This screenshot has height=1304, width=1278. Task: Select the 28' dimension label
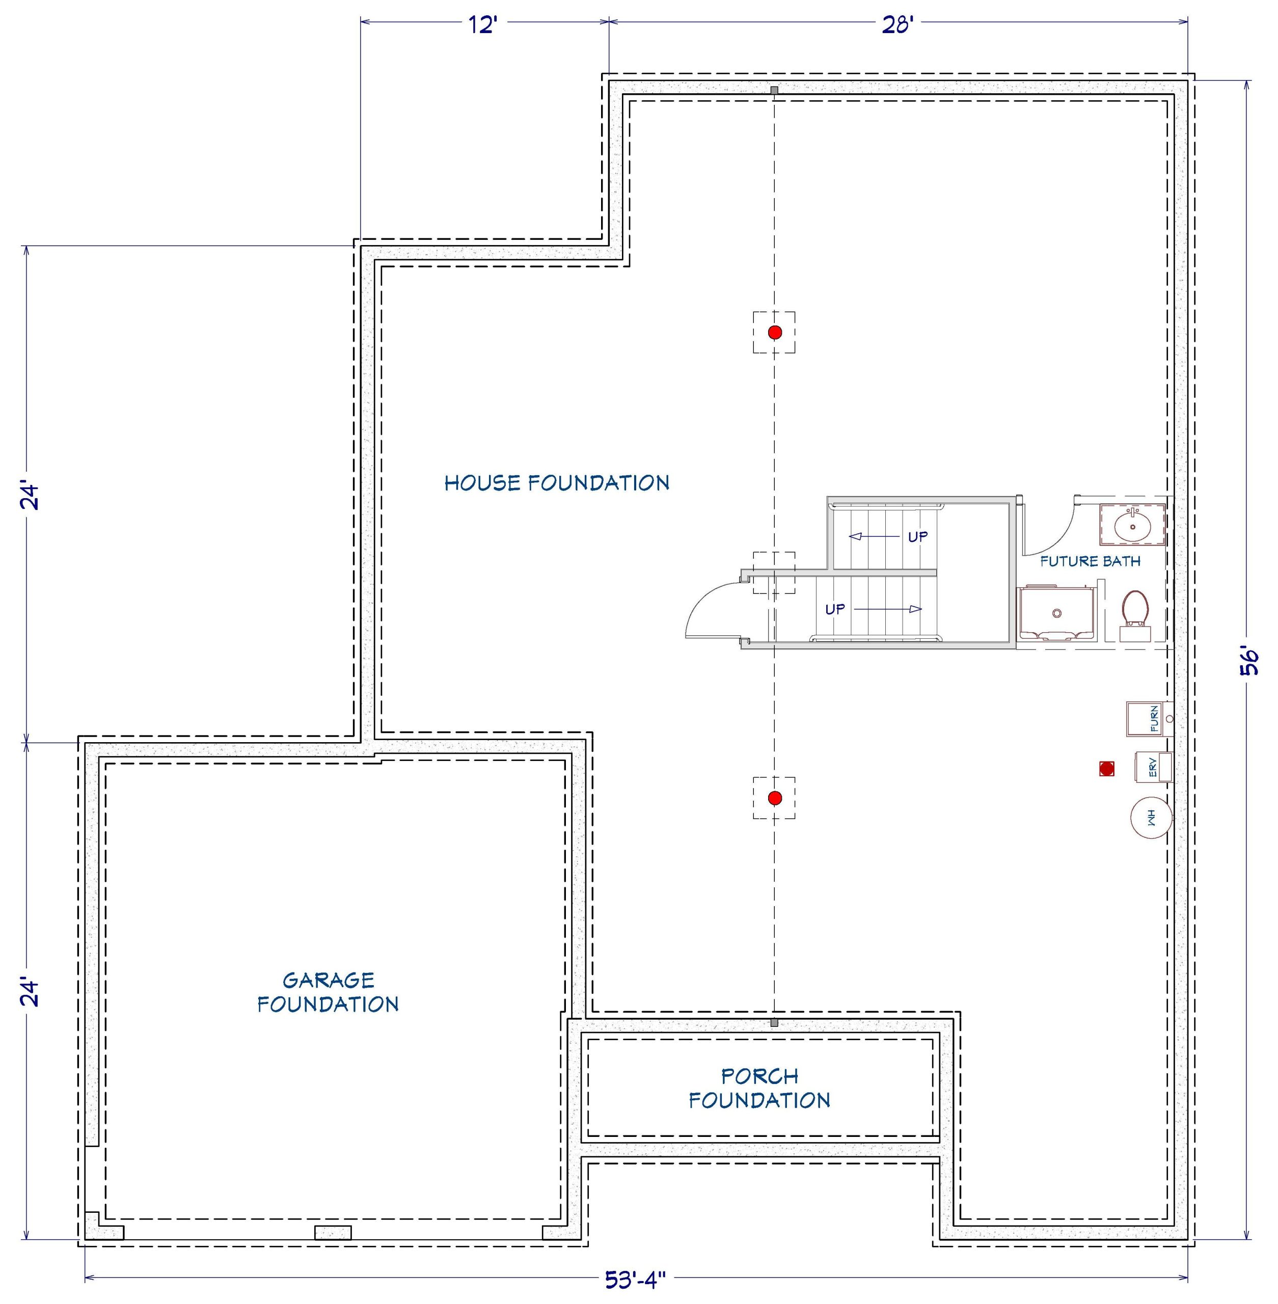point(897,25)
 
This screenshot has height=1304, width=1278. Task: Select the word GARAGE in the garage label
point(328,981)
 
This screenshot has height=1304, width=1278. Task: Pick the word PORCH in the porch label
point(760,1076)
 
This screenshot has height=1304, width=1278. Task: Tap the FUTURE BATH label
point(1090,561)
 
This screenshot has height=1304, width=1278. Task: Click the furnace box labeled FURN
point(1149,719)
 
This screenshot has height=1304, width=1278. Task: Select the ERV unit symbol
point(1153,767)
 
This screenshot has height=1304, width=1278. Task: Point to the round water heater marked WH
point(1152,818)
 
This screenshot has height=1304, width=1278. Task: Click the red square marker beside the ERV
point(1107,769)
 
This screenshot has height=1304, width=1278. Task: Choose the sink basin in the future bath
point(1132,525)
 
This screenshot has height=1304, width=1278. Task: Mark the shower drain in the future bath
point(1057,613)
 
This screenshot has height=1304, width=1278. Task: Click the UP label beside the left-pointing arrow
point(917,537)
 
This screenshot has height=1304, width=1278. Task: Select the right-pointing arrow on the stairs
point(887,609)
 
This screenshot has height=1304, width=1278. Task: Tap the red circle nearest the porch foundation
point(775,798)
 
